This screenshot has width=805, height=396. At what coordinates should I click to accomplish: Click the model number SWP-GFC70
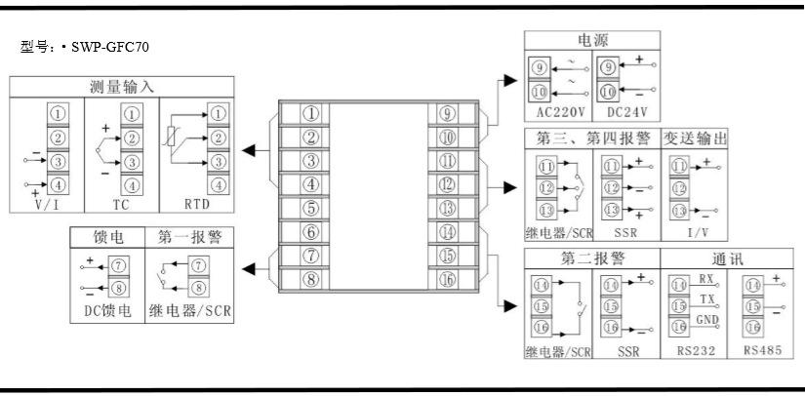coord(109,46)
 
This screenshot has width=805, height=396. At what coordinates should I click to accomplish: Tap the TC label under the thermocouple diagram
coord(121,205)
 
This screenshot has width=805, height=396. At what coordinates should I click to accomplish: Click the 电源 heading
coord(592,40)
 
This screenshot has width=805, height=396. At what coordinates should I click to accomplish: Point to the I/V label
coord(695,234)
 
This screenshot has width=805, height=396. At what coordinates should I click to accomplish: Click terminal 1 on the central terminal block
coord(310,113)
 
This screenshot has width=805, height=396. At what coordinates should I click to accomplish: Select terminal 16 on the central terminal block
coord(449,280)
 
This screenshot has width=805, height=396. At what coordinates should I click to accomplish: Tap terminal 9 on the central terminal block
coord(449,113)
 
